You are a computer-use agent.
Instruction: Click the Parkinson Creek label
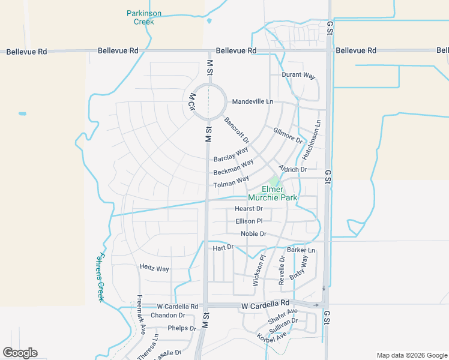click(x=144, y=17)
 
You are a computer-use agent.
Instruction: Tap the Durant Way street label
click(x=299, y=76)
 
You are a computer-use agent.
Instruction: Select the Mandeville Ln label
click(x=252, y=101)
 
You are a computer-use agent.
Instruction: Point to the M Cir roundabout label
click(x=192, y=101)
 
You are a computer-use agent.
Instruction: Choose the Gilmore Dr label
click(x=288, y=135)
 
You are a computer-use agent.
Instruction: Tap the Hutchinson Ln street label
click(x=312, y=140)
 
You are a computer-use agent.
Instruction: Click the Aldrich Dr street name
click(x=292, y=170)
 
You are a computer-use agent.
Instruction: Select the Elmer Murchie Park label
click(x=280, y=193)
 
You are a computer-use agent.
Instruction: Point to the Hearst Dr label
click(x=249, y=209)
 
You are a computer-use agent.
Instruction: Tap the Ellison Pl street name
click(x=249, y=221)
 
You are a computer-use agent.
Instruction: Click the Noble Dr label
click(x=253, y=234)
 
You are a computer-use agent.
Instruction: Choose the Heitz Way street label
click(x=154, y=269)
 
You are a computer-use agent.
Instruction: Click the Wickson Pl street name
click(x=259, y=271)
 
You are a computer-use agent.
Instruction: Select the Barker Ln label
click(x=301, y=250)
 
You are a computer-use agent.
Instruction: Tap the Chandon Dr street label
click(x=167, y=316)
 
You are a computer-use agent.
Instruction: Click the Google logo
click(x=20, y=353)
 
